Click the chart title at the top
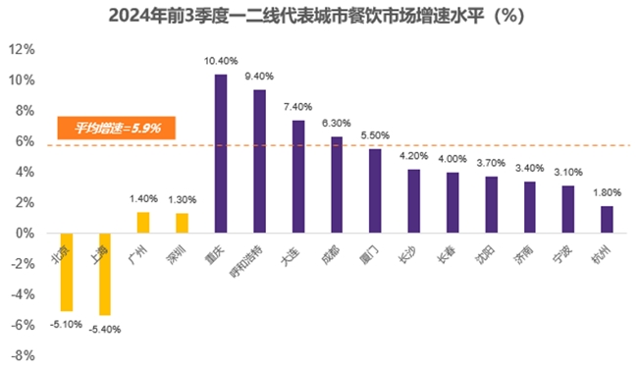318,17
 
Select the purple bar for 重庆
221,154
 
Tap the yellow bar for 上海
104,274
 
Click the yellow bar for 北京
67,272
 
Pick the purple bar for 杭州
607,220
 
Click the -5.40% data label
105,330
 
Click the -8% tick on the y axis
23,355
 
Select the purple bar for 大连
298,178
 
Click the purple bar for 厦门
375,191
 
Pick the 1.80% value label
607,192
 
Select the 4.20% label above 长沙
414,155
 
